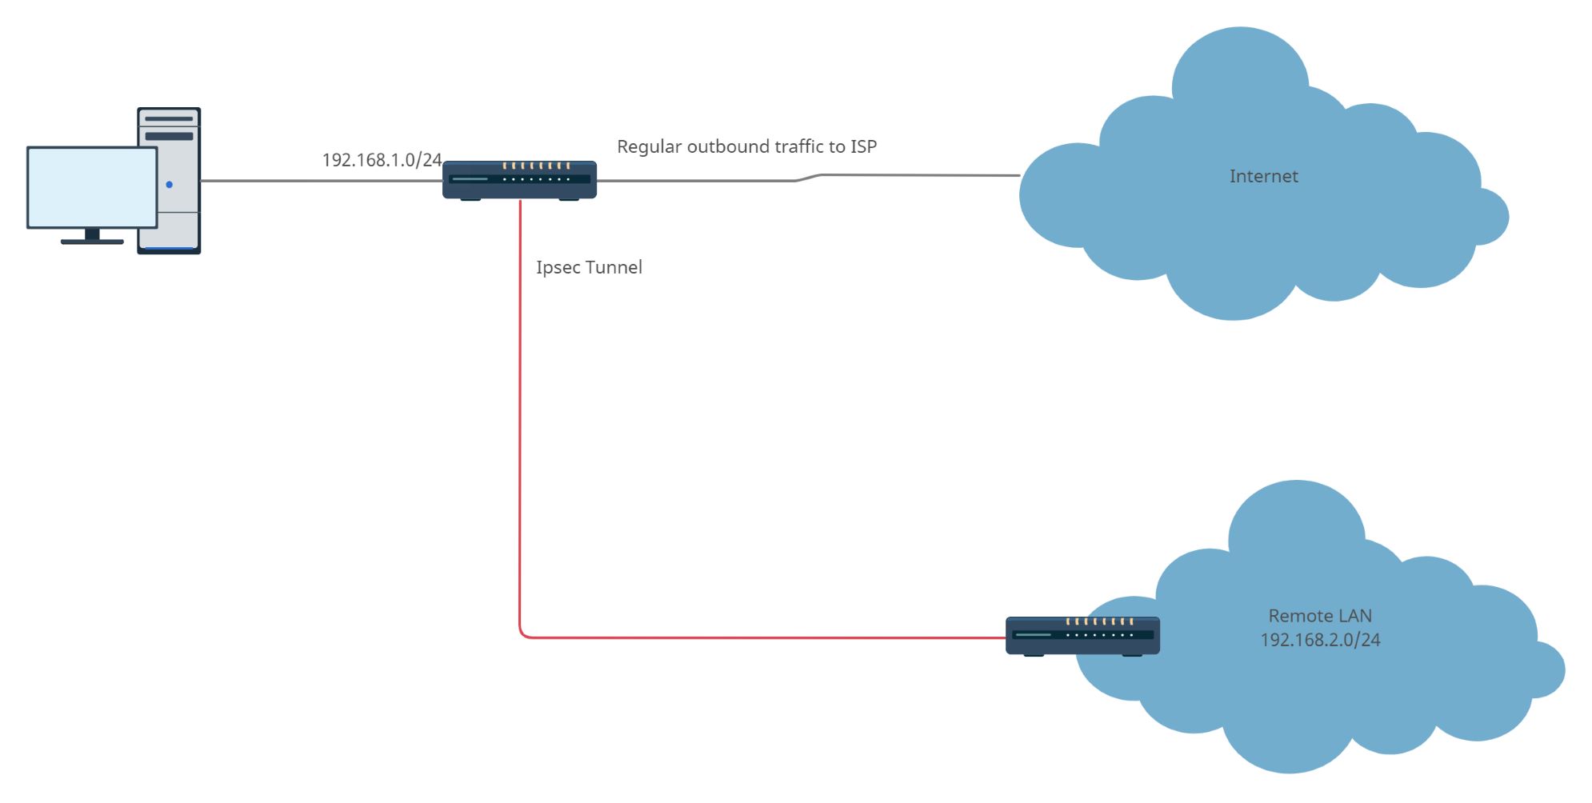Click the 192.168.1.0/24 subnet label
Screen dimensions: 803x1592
(382, 160)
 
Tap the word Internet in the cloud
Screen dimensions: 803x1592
(1263, 176)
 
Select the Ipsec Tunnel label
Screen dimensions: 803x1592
(589, 267)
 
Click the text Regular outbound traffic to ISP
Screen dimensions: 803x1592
(746, 146)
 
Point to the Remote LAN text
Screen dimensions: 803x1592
(1320, 616)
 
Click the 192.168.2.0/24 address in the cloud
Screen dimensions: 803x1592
(1320, 640)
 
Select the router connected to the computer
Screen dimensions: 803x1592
(519, 179)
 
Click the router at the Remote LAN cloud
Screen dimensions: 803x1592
(1082, 636)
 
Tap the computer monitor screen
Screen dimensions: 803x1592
(92, 187)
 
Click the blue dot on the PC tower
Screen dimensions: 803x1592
(169, 185)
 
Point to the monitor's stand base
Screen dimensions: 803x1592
(92, 241)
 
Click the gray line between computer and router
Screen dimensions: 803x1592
(320, 181)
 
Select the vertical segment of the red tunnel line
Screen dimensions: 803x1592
(520, 416)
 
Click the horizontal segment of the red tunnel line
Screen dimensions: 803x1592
(760, 637)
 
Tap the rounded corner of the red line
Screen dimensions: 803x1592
(523, 634)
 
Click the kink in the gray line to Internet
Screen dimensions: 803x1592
(808, 178)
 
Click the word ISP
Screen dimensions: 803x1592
(863, 146)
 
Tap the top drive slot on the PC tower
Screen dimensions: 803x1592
(169, 118)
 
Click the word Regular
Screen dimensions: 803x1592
(649, 147)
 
